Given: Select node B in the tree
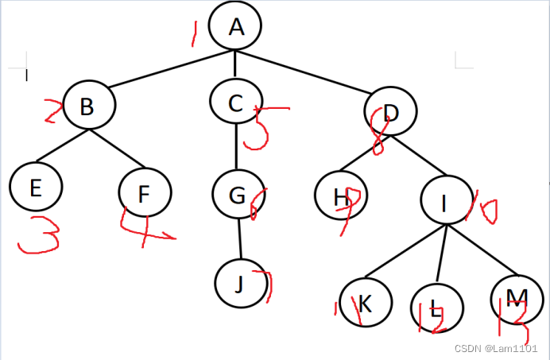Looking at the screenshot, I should coord(88,106).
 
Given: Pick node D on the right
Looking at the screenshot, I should coord(391,112).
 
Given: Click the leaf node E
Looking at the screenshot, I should coord(36,187).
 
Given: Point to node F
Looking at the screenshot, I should coord(145,193).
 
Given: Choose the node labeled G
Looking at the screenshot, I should coord(238,194).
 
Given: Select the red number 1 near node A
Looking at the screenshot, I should coord(192,33).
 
